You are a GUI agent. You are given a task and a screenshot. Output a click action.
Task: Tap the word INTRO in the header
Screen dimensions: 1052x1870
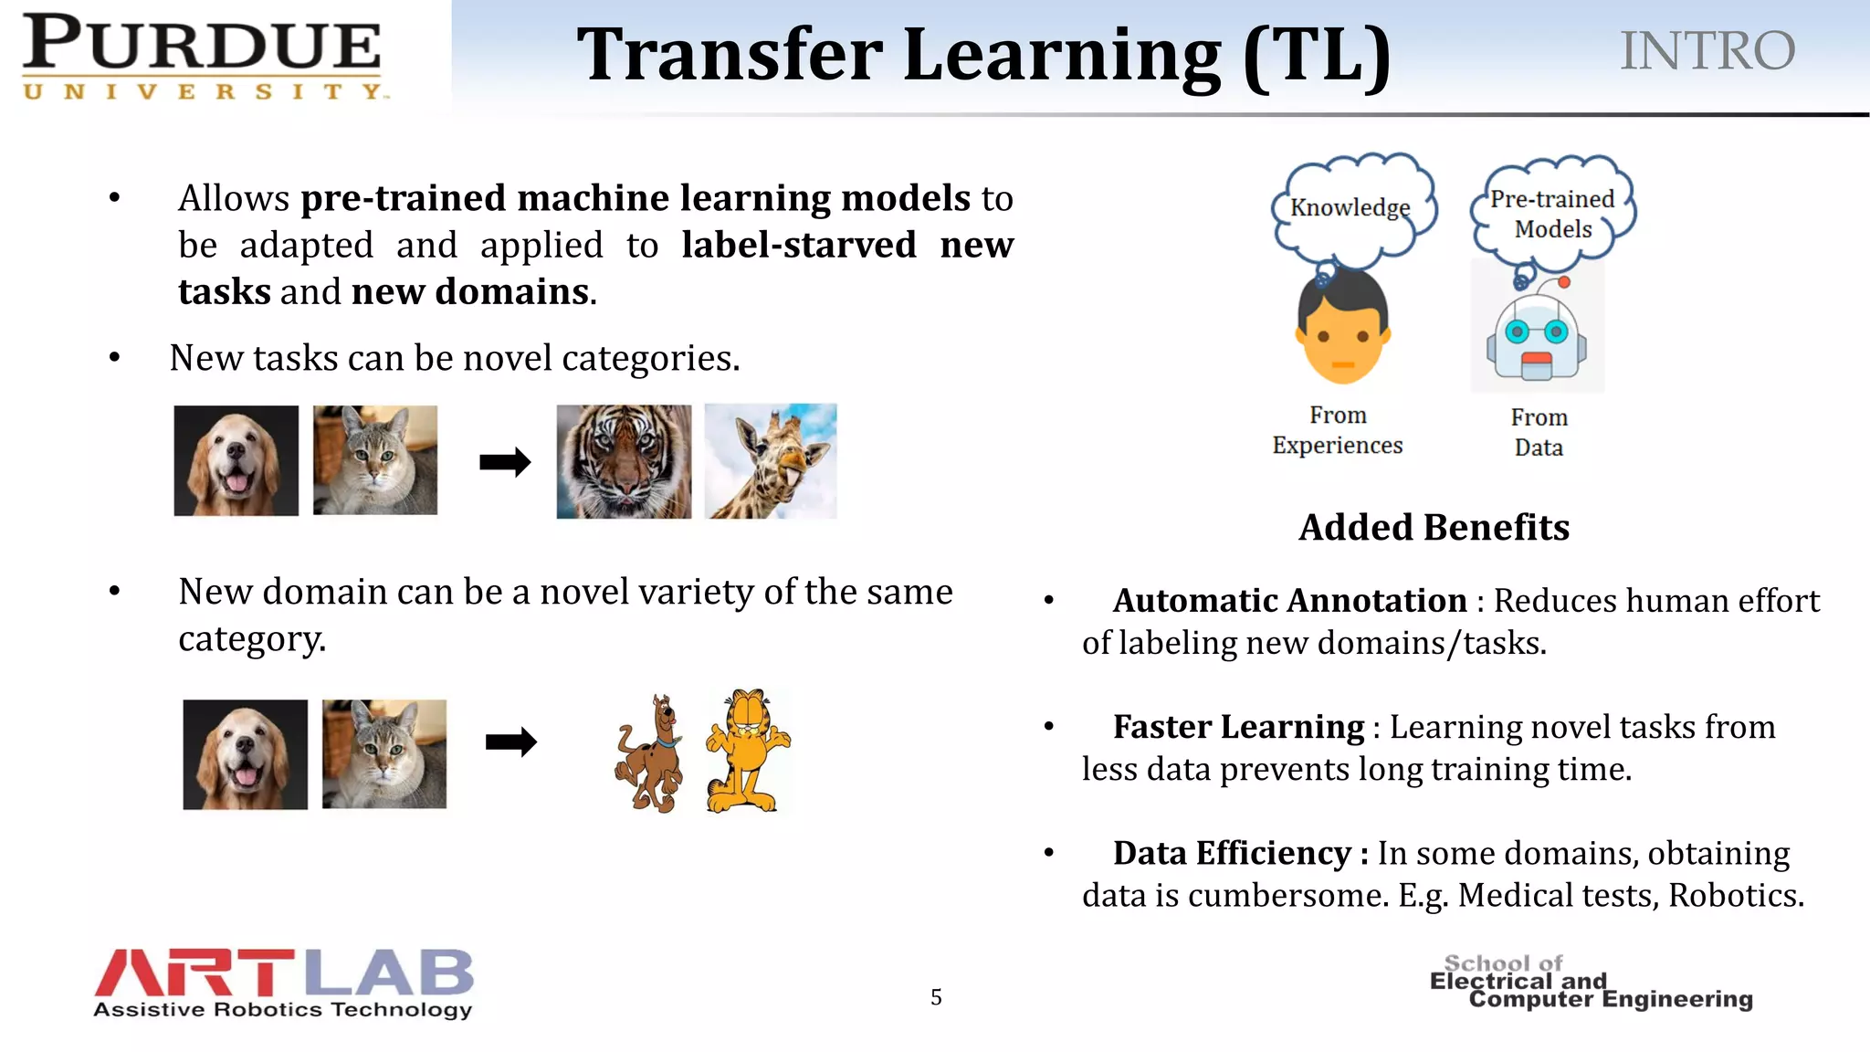[1707, 51]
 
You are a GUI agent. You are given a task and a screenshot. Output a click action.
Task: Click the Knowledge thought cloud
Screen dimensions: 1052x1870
[1350, 207]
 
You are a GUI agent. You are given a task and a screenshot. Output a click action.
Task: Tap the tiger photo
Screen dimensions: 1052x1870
[624, 462]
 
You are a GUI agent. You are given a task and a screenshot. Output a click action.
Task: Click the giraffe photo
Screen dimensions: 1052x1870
[771, 462]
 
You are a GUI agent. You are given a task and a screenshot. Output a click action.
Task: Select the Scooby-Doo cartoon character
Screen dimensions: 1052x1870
[649, 753]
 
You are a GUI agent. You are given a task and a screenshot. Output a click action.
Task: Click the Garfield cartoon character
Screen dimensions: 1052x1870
[747, 751]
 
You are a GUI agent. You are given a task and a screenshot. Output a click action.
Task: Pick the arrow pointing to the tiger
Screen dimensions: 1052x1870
[505, 462]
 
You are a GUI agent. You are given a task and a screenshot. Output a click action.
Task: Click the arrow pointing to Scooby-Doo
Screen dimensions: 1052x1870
[510, 742]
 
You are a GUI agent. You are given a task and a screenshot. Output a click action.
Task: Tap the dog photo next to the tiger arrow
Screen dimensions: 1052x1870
[236, 461]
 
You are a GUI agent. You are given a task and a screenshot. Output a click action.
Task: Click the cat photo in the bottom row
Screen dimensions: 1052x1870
[384, 754]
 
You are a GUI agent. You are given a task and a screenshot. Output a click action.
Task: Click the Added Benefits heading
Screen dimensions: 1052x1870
[1434, 528]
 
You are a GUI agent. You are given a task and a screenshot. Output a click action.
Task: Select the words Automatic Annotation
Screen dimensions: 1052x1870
[1289, 601]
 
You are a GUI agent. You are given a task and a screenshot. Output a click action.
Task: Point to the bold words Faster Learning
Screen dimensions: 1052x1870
[1238, 727]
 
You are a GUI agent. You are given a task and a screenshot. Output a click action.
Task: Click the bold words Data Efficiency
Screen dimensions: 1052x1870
[1232, 853]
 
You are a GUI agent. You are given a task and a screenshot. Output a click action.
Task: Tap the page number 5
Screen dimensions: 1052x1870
[936, 997]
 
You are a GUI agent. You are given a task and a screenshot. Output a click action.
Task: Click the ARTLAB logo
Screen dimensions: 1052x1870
[283, 983]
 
